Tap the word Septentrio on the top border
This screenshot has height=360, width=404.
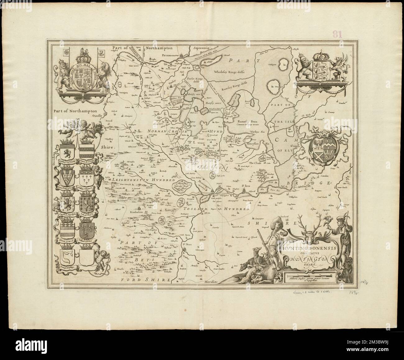pos(202,48)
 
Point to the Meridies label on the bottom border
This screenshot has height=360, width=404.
pos(212,282)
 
